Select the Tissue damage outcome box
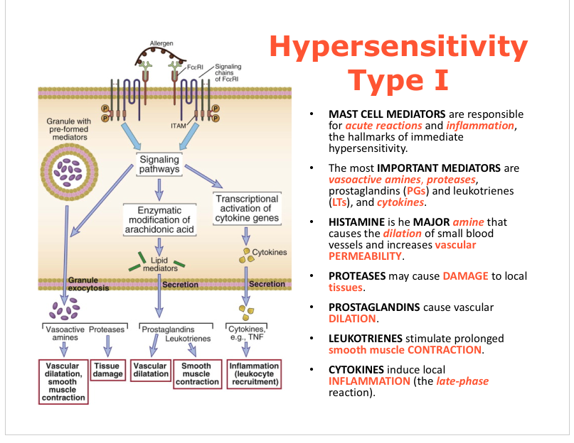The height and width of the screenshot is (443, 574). pyautogui.click(x=108, y=370)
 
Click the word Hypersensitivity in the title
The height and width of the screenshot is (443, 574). pyautogui.click(x=399, y=48)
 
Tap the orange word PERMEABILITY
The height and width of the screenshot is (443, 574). pyautogui.click(x=365, y=256)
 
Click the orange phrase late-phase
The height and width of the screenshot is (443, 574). pyautogui.click(x=464, y=381)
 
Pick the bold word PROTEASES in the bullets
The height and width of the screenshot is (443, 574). pyautogui.click(x=357, y=276)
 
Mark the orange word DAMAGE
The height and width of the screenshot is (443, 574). pyautogui.click(x=465, y=276)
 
